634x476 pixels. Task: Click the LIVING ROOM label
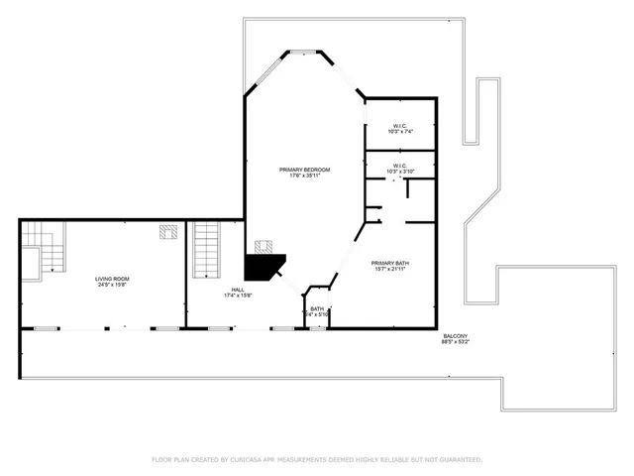click(112, 279)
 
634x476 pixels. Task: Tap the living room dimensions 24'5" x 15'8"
click(112, 286)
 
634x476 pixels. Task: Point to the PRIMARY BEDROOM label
click(304, 170)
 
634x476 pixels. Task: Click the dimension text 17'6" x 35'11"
click(304, 177)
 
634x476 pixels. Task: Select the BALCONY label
click(456, 336)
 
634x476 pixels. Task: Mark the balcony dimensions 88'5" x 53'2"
click(456, 343)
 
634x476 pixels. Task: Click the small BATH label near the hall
click(317, 309)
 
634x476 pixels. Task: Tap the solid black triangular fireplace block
click(262, 266)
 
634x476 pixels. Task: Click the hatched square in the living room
click(169, 233)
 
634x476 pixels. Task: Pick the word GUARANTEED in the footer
click(459, 460)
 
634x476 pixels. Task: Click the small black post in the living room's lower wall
click(124, 326)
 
